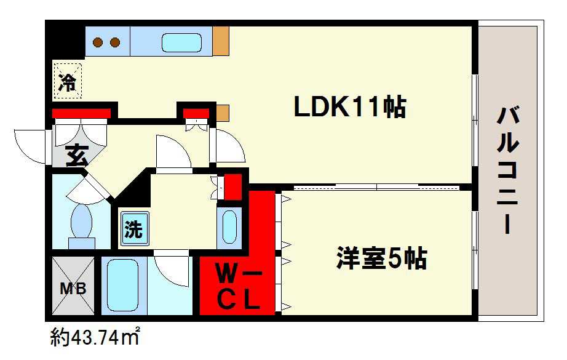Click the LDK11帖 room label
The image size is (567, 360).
349,108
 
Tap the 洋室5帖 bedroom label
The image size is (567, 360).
381,259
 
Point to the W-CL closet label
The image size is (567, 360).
237,286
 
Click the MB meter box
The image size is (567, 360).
73,287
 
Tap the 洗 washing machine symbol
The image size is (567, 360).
133,230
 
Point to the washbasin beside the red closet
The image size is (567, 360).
229,226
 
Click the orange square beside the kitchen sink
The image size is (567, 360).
220,42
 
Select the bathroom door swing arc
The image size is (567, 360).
171,268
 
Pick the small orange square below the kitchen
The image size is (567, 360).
222,113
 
